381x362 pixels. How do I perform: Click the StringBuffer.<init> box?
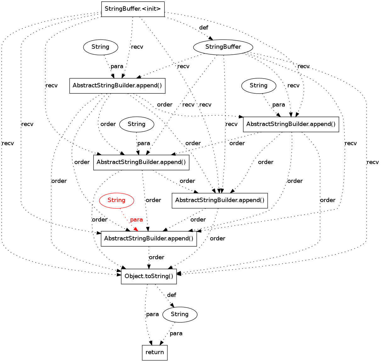click(x=133, y=9)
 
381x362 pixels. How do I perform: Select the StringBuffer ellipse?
click(x=223, y=47)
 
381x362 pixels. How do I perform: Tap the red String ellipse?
click(x=116, y=200)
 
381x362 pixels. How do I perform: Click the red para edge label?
click(x=136, y=220)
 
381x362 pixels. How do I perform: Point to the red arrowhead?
click(x=136, y=229)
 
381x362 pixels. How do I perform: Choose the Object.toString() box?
click(x=149, y=277)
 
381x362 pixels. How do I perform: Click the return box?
click(x=154, y=352)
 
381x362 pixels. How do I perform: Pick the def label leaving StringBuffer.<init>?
click(x=204, y=28)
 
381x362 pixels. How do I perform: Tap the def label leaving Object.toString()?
click(x=171, y=295)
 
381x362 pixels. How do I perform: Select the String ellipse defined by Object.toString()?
click(x=180, y=314)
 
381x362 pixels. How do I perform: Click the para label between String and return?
click(x=176, y=333)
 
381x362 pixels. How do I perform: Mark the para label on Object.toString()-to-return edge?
click(x=152, y=314)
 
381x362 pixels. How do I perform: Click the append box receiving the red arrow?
click(x=148, y=239)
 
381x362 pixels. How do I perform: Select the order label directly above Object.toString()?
click(x=156, y=257)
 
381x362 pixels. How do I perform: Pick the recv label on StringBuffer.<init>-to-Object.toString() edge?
click(x=8, y=143)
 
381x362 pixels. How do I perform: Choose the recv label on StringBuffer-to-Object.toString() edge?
click(x=373, y=162)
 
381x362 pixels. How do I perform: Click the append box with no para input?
click(x=220, y=200)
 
